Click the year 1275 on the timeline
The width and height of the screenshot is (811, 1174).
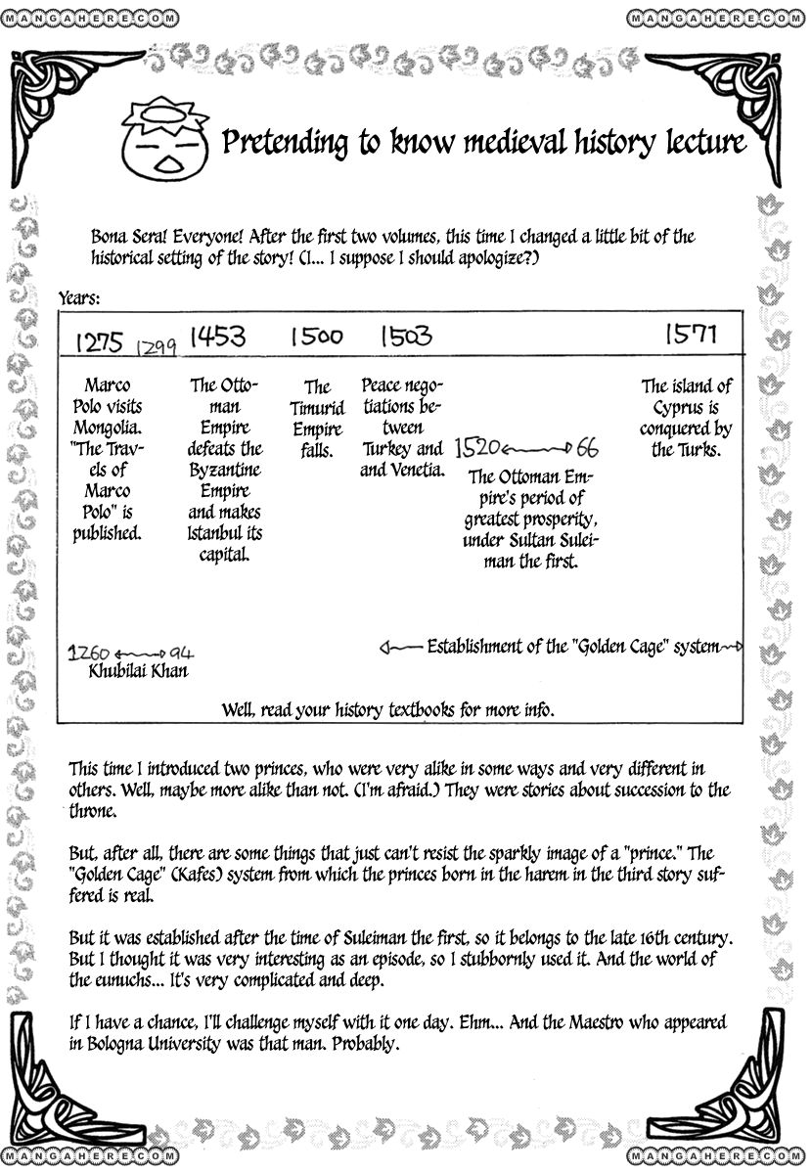[x=98, y=342]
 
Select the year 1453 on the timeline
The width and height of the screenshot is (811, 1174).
[x=217, y=338]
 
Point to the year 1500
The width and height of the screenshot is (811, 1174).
[x=316, y=338]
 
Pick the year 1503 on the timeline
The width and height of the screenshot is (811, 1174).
[x=405, y=338]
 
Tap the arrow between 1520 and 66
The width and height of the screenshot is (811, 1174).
[x=538, y=449]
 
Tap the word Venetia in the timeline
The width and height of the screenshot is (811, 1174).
[x=416, y=471]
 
